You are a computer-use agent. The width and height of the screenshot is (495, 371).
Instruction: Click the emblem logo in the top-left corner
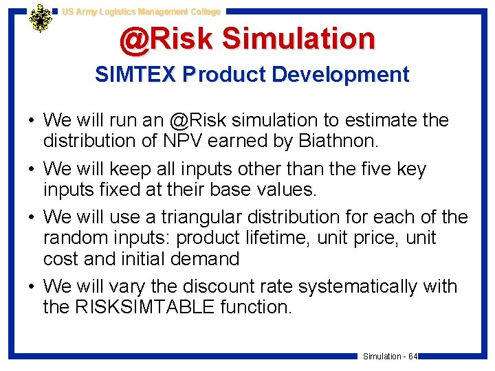pos(41,19)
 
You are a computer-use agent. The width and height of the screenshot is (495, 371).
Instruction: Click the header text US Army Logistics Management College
pos(141,12)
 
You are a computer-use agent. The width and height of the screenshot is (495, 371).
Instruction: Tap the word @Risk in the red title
pos(166,39)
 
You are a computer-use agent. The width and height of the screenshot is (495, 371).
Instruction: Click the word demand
pos(206,259)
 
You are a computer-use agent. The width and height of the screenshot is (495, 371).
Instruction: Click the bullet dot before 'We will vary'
pos(32,286)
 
